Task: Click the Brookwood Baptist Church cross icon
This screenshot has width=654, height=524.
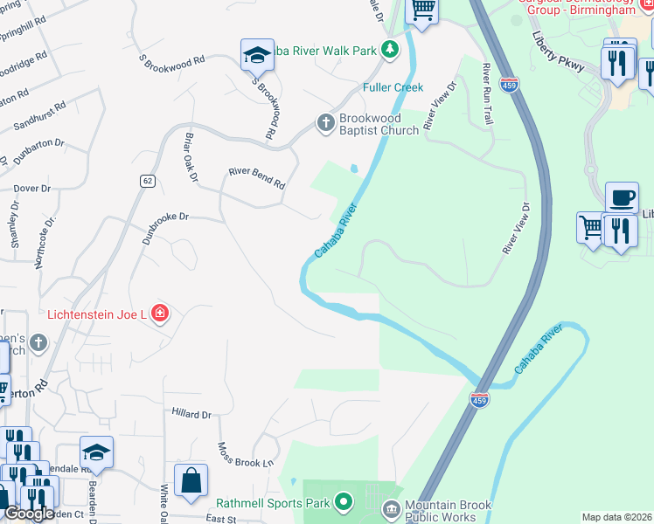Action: pyautogui.click(x=325, y=123)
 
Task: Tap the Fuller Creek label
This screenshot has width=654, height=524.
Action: pyautogui.click(x=393, y=87)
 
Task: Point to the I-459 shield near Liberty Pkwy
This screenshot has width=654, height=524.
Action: pyautogui.click(x=508, y=85)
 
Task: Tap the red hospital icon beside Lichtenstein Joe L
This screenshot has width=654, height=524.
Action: pyautogui.click(x=159, y=313)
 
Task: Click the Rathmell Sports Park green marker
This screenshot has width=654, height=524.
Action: pyautogui.click(x=344, y=502)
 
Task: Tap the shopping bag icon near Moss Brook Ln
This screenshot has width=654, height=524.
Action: pyautogui.click(x=190, y=480)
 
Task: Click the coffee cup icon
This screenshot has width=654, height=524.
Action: pyautogui.click(x=622, y=197)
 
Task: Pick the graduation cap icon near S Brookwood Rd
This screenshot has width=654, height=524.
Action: pyautogui.click(x=258, y=55)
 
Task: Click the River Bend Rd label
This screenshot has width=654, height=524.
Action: pyautogui.click(x=256, y=179)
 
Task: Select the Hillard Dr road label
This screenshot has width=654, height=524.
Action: pyautogui.click(x=191, y=414)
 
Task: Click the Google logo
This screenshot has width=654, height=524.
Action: pyautogui.click(x=29, y=514)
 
